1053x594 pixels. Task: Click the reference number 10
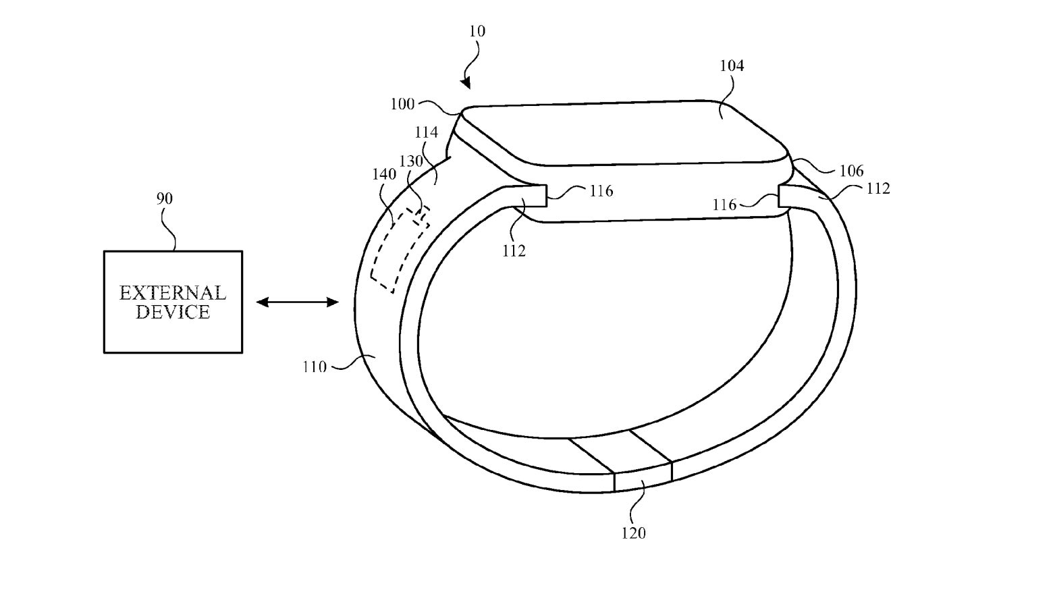[477, 31]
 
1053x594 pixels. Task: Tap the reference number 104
[732, 65]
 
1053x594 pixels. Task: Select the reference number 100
[402, 104]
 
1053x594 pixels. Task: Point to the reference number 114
[427, 132]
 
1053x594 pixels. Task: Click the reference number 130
[411, 161]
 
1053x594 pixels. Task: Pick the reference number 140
[384, 174]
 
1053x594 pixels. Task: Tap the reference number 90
[165, 198]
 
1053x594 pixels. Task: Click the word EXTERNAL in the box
[173, 293]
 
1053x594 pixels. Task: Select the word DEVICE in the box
[173, 312]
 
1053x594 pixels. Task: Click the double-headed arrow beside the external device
[297, 302]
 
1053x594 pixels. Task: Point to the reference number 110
[315, 367]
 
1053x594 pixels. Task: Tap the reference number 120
[634, 533]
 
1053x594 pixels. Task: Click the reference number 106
[852, 171]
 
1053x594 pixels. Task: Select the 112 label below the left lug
[513, 251]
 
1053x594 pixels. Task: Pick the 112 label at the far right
[878, 188]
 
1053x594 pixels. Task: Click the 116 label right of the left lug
[601, 191]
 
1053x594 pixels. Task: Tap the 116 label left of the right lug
[724, 205]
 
